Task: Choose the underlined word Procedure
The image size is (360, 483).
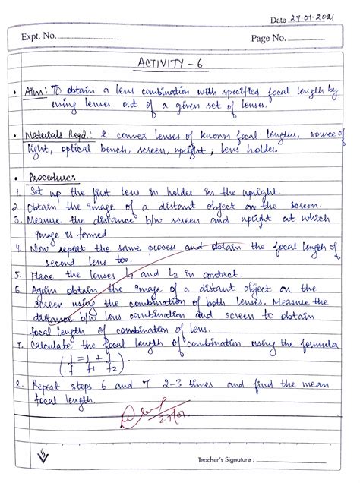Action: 43,176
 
